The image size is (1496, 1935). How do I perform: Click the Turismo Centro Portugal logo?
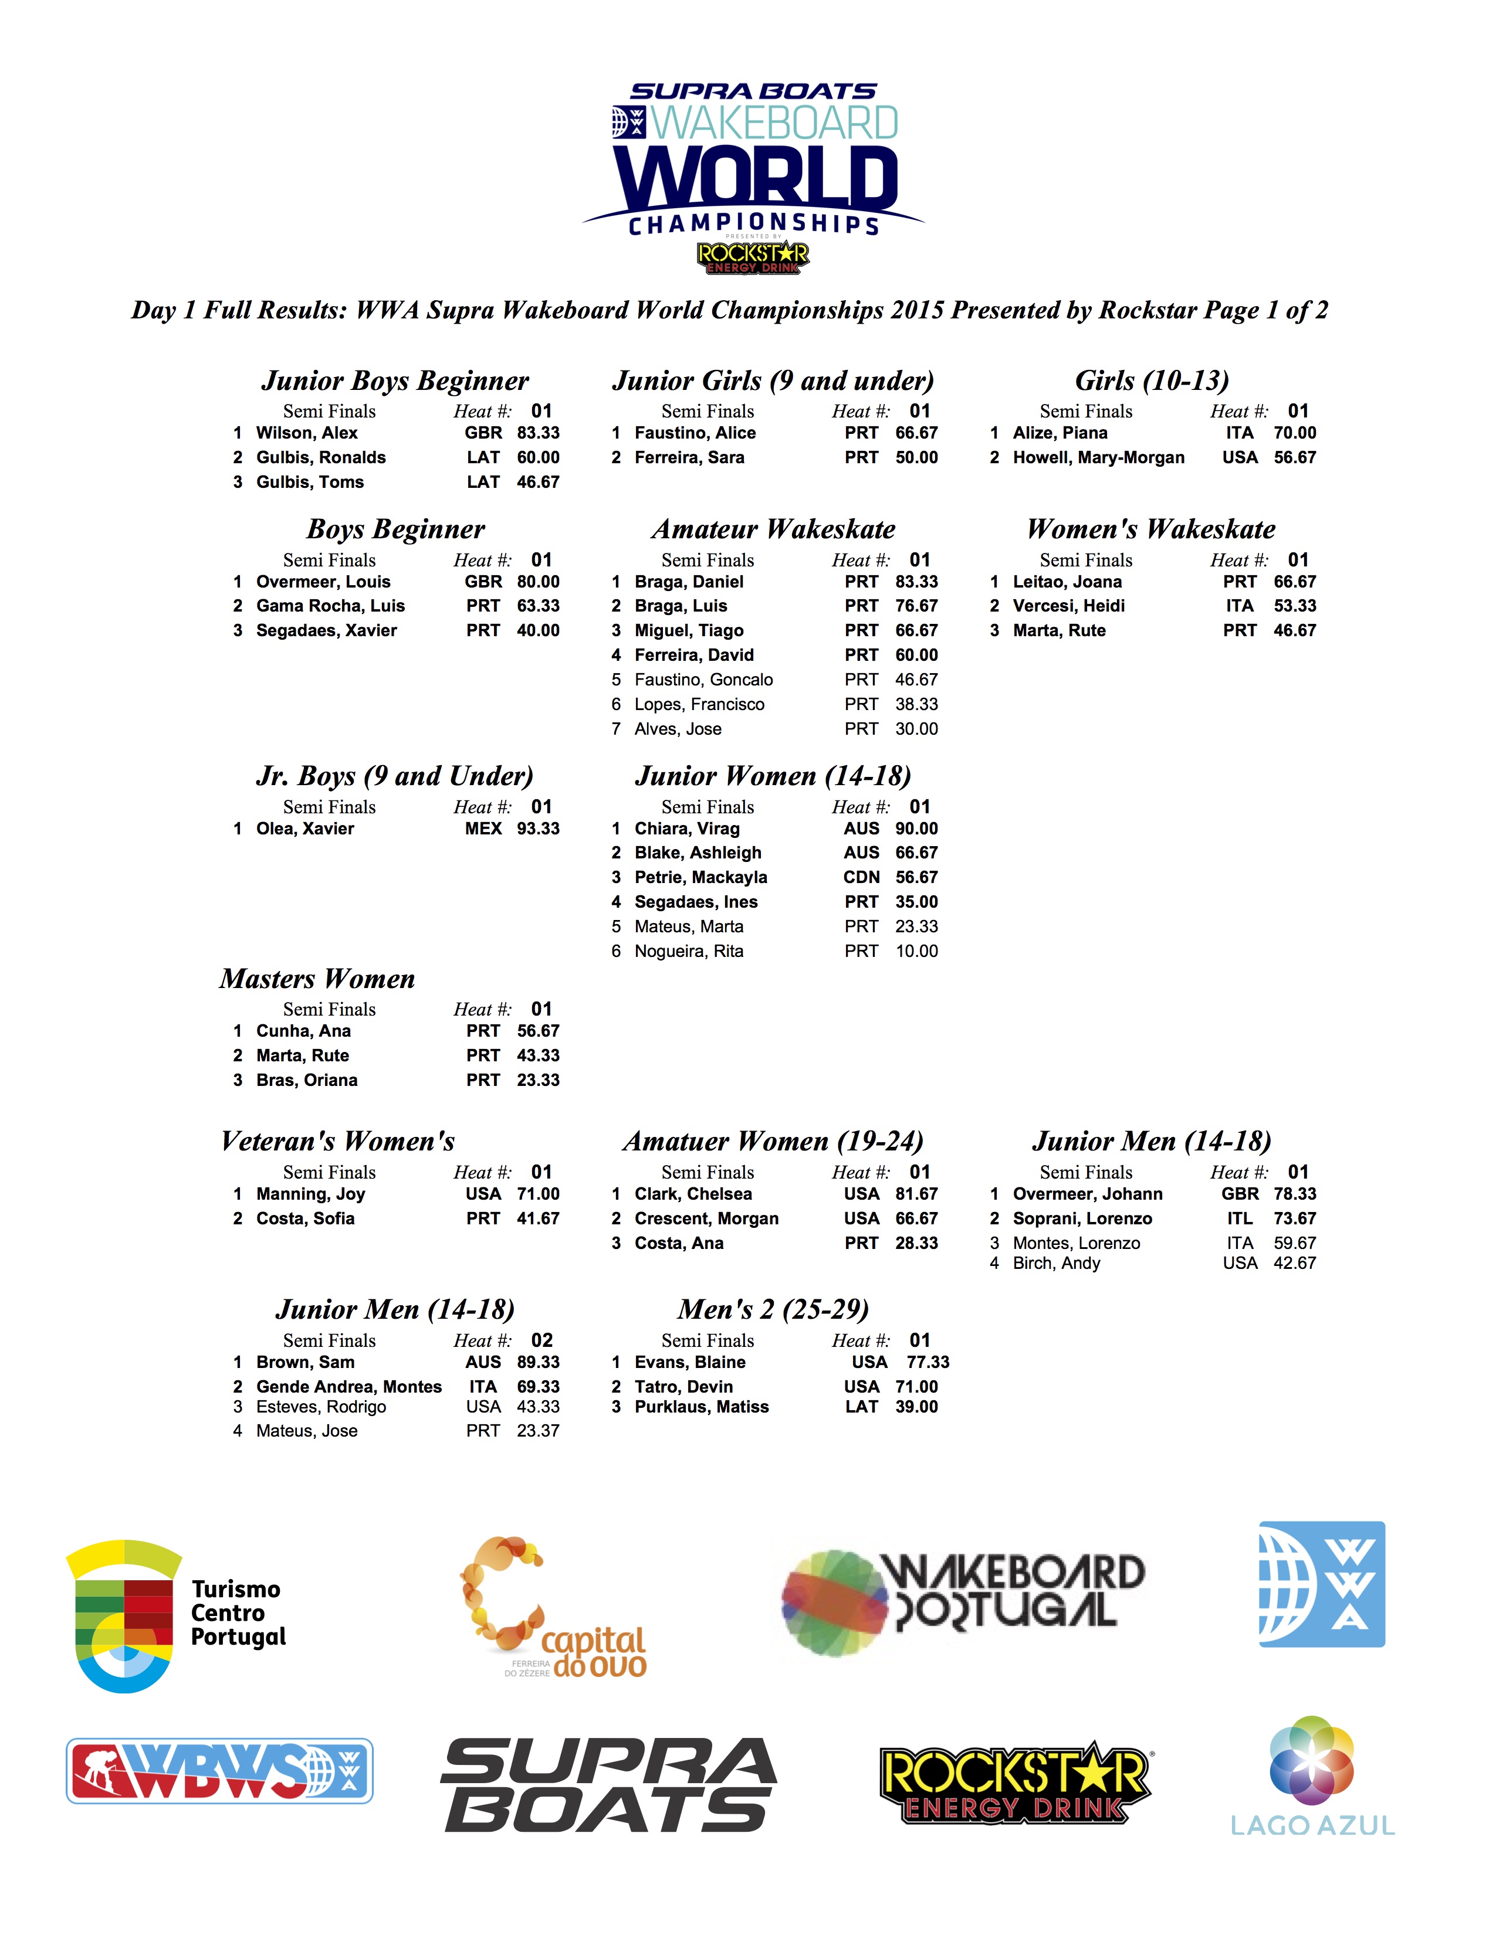[x=175, y=1614]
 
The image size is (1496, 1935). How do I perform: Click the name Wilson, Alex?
[x=307, y=433]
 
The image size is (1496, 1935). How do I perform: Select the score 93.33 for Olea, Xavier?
[x=538, y=829]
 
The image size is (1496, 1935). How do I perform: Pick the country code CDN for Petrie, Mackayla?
[x=861, y=877]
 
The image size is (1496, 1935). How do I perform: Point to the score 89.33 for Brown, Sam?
[x=538, y=1362]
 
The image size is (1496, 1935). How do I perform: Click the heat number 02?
[x=541, y=1340]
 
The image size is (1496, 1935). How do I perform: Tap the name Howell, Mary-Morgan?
[x=1098, y=457]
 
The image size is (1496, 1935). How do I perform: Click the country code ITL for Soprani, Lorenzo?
[x=1239, y=1218]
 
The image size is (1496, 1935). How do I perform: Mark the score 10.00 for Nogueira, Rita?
[x=916, y=950]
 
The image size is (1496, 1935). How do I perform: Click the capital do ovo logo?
[x=554, y=1607]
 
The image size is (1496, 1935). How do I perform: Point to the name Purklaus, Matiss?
[x=701, y=1407]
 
